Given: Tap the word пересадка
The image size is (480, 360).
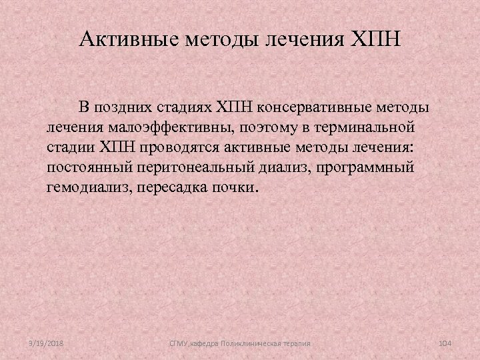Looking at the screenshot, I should click(179, 187).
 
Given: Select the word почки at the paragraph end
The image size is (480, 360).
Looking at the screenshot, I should click(234, 187).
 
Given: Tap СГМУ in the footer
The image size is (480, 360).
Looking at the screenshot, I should click(178, 343).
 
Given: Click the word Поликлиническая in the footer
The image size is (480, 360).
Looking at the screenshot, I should click(250, 343).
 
